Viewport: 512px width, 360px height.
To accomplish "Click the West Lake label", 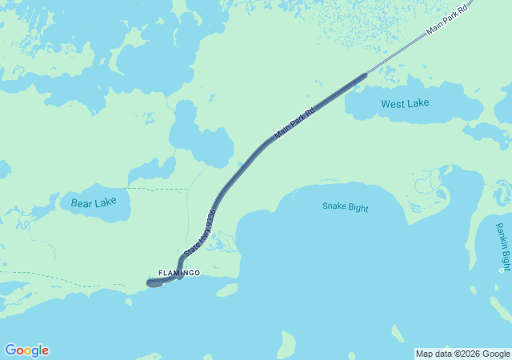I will click(x=405, y=103).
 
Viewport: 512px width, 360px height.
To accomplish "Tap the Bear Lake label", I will click(x=94, y=203).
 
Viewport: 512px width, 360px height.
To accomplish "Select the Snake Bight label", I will click(x=346, y=207).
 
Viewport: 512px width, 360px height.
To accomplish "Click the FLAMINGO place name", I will click(x=178, y=274).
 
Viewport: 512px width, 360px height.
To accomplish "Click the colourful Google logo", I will click(x=26, y=350).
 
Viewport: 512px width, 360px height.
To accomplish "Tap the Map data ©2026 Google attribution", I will click(x=462, y=354).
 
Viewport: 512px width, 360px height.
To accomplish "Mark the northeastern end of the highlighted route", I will click(x=366, y=75).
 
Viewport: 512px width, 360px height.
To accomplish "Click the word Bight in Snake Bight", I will click(x=358, y=207).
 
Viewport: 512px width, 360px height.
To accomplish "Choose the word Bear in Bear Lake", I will click(x=82, y=203).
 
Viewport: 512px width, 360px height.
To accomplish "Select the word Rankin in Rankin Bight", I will click(x=502, y=235).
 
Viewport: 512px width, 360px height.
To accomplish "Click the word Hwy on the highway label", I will click(x=199, y=235).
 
